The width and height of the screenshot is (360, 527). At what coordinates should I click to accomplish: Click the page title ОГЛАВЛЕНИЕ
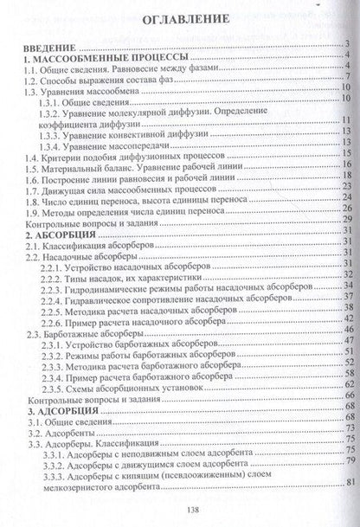181,17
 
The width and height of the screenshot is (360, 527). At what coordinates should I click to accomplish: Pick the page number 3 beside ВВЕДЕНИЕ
344,45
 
